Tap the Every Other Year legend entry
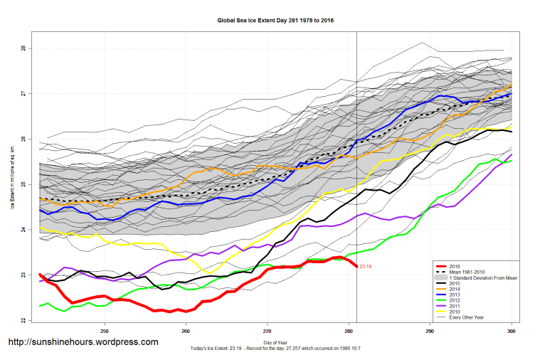point(469,322)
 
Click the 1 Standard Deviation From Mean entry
point(481,278)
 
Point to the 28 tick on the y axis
point(23,48)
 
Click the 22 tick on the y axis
point(23,321)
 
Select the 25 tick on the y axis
point(23,184)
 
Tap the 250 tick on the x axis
point(105,331)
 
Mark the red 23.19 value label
point(366,267)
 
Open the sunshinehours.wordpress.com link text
point(83,342)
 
